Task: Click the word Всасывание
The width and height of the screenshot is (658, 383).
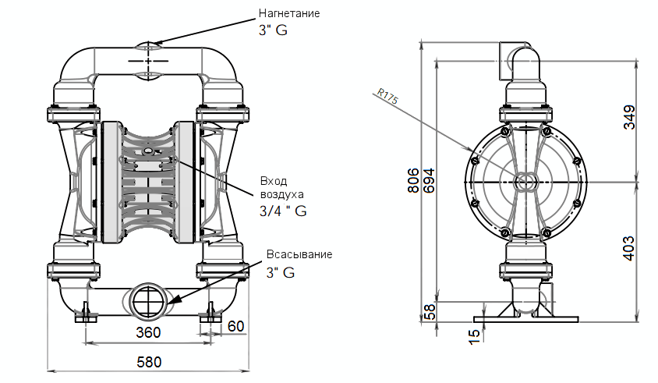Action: pos(299,255)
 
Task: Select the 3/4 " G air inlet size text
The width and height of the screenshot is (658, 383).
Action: pos(282,211)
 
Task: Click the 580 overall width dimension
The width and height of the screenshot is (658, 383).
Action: pos(147,363)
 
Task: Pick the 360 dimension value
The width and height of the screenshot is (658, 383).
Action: pos(147,333)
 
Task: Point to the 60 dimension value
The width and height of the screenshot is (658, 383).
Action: pos(235,324)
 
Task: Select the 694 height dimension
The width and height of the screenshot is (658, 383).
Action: pos(430,179)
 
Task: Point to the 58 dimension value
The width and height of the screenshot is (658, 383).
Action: pos(430,310)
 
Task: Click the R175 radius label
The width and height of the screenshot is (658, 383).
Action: pos(387,96)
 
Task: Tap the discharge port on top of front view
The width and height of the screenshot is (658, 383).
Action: pos(148,46)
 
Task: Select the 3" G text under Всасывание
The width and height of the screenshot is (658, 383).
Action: pos(281,272)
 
